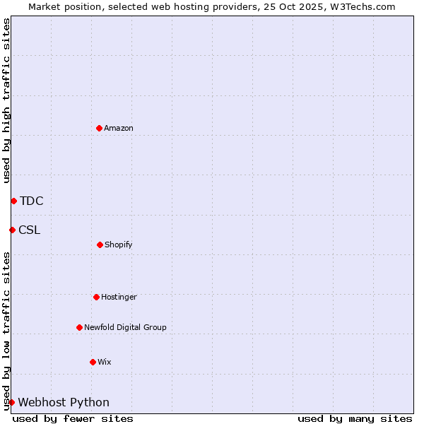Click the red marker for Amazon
point(99,128)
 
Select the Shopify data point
point(100,245)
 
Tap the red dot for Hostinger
point(96,297)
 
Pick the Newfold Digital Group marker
point(79,327)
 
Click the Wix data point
point(93,362)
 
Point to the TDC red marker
point(13,201)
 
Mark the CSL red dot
point(12,230)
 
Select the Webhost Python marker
point(11,402)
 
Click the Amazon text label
point(119,128)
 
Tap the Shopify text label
point(119,245)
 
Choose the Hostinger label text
point(119,297)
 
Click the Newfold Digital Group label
point(125,327)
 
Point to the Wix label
point(105,362)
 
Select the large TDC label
point(32,201)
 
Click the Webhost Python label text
point(64,402)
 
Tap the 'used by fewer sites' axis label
point(73,418)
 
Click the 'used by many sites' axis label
point(355,418)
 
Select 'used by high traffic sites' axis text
point(6,100)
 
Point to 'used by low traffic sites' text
point(6,331)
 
